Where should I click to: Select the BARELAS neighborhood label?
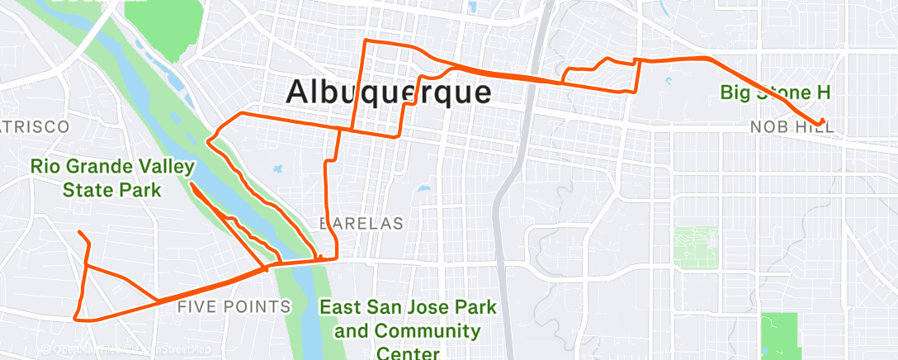point(362,223)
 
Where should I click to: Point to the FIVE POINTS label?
point(234,307)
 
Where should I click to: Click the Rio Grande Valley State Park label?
point(112,178)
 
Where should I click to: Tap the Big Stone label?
point(775,92)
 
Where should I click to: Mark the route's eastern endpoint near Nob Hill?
point(823,121)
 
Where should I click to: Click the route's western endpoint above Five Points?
point(79,233)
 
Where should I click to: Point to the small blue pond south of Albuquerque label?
point(424,188)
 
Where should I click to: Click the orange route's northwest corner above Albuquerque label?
point(366,41)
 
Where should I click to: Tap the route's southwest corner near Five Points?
point(76,317)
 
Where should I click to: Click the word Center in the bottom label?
point(409,353)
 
